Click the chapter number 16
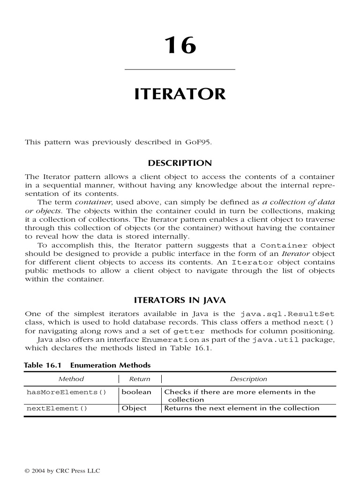pyautogui.click(x=180, y=46)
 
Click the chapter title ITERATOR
pyautogui.click(x=180, y=94)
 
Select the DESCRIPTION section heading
pyautogui.click(x=180, y=163)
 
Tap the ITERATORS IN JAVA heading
pyautogui.click(x=180, y=300)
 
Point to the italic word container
pyautogui.click(x=90, y=202)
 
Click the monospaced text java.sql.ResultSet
pyautogui.click(x=287, y=314)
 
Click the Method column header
pyautogui.click(x=71, y=379)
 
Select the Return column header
pyautogui.click(x=140, y=379)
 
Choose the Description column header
pyautogui.click(x=248, y=379)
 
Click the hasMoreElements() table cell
pyautogui.click(x=67, y=392)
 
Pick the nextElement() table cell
pyautogui.click(x=57, y=408)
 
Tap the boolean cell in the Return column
pyautogui.click(x=136, y=392)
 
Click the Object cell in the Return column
pyautogui.click(x=134, y=408)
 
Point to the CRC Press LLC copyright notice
pyautogui.click(x=62, y=470)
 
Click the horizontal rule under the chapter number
pyautogui.click(x=180, y=70)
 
